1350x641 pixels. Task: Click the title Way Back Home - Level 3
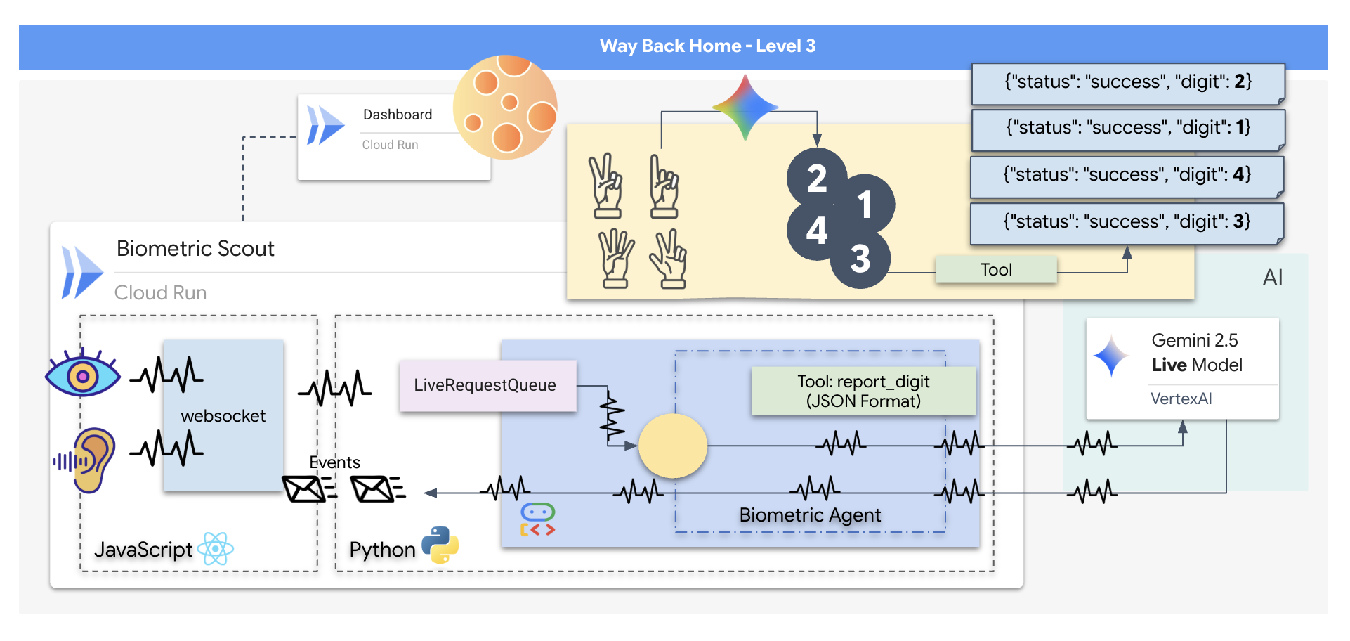[x=707, y=46]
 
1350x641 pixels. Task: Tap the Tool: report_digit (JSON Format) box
[x=863, y=391]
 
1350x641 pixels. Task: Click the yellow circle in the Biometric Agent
[x=672, y=446]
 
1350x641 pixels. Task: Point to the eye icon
[x=82, y=375]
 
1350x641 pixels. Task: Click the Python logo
[x=440, y=545]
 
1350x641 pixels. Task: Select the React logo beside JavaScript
[x=215, y=549]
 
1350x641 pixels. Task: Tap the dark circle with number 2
[x=816, y=179]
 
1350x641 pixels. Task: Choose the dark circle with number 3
[x=860, y=259]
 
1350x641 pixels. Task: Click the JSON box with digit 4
[x=1127, y=175]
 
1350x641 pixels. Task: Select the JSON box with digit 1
[x=1128, y=128]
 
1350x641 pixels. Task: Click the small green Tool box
[x=996, y=270]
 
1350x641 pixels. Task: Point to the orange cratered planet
[x=506, y=107]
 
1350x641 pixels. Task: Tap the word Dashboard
[x=398, y=115]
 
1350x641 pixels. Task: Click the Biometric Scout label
[x=195, y=249]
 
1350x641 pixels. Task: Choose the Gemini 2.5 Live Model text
[x=1196, y=353]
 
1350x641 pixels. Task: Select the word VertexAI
[x=1181, y=399]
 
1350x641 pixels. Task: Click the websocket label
[x=223, y=416]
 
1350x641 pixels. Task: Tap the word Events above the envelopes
[x=334, y=462]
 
